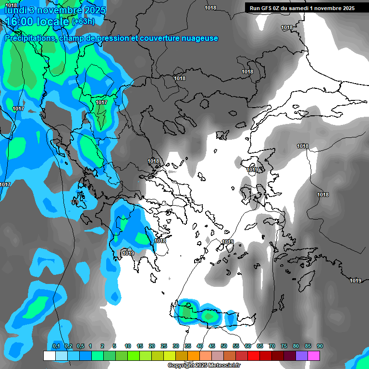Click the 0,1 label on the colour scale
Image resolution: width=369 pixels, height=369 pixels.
tap(56, 346)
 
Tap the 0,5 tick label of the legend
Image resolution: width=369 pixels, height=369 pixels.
tap(80, 346)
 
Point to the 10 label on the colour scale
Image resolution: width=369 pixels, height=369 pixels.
tap(128, 346)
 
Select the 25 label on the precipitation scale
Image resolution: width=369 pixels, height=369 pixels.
tap(164, 346)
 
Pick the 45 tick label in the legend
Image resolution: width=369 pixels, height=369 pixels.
tap(212, 346)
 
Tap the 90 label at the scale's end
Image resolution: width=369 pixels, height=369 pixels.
tap(320, 346)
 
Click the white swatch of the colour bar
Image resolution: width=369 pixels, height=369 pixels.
tap(49, 356)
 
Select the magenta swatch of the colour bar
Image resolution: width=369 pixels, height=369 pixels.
tap(314, 356)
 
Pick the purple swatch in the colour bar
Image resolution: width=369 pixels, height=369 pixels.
tap(302, 356)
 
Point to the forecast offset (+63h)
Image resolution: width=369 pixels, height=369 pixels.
tap(83, 22)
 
